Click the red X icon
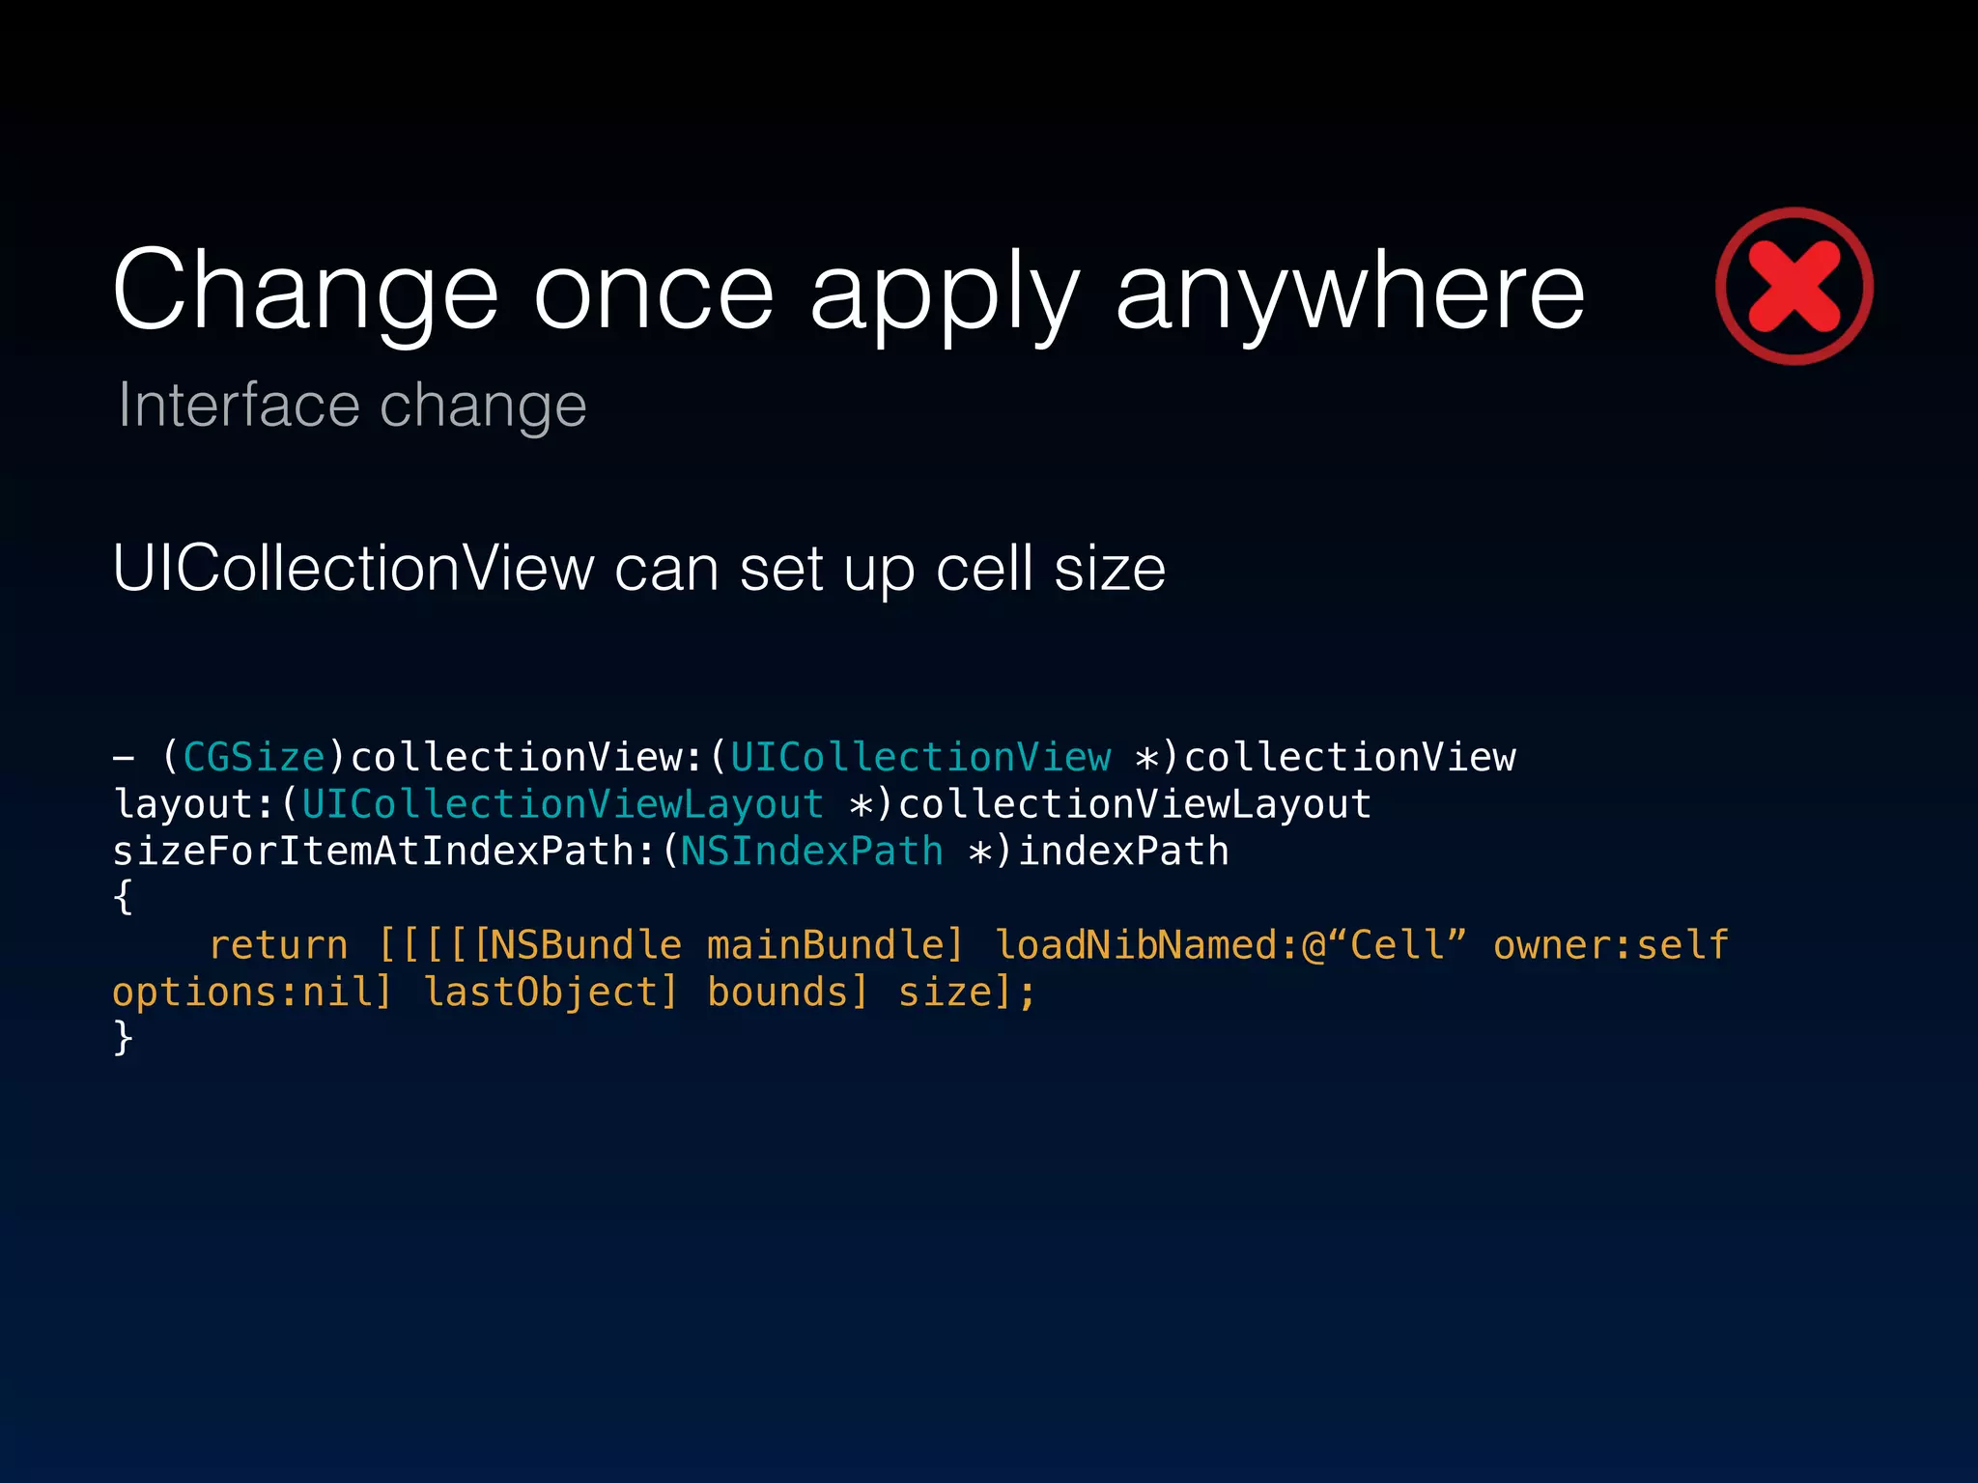(1794, 286)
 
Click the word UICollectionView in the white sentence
(353, 569)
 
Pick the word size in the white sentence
(1110, 569)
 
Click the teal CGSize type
(254, 758)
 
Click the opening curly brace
(123, 898)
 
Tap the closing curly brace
(123, 1039)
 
